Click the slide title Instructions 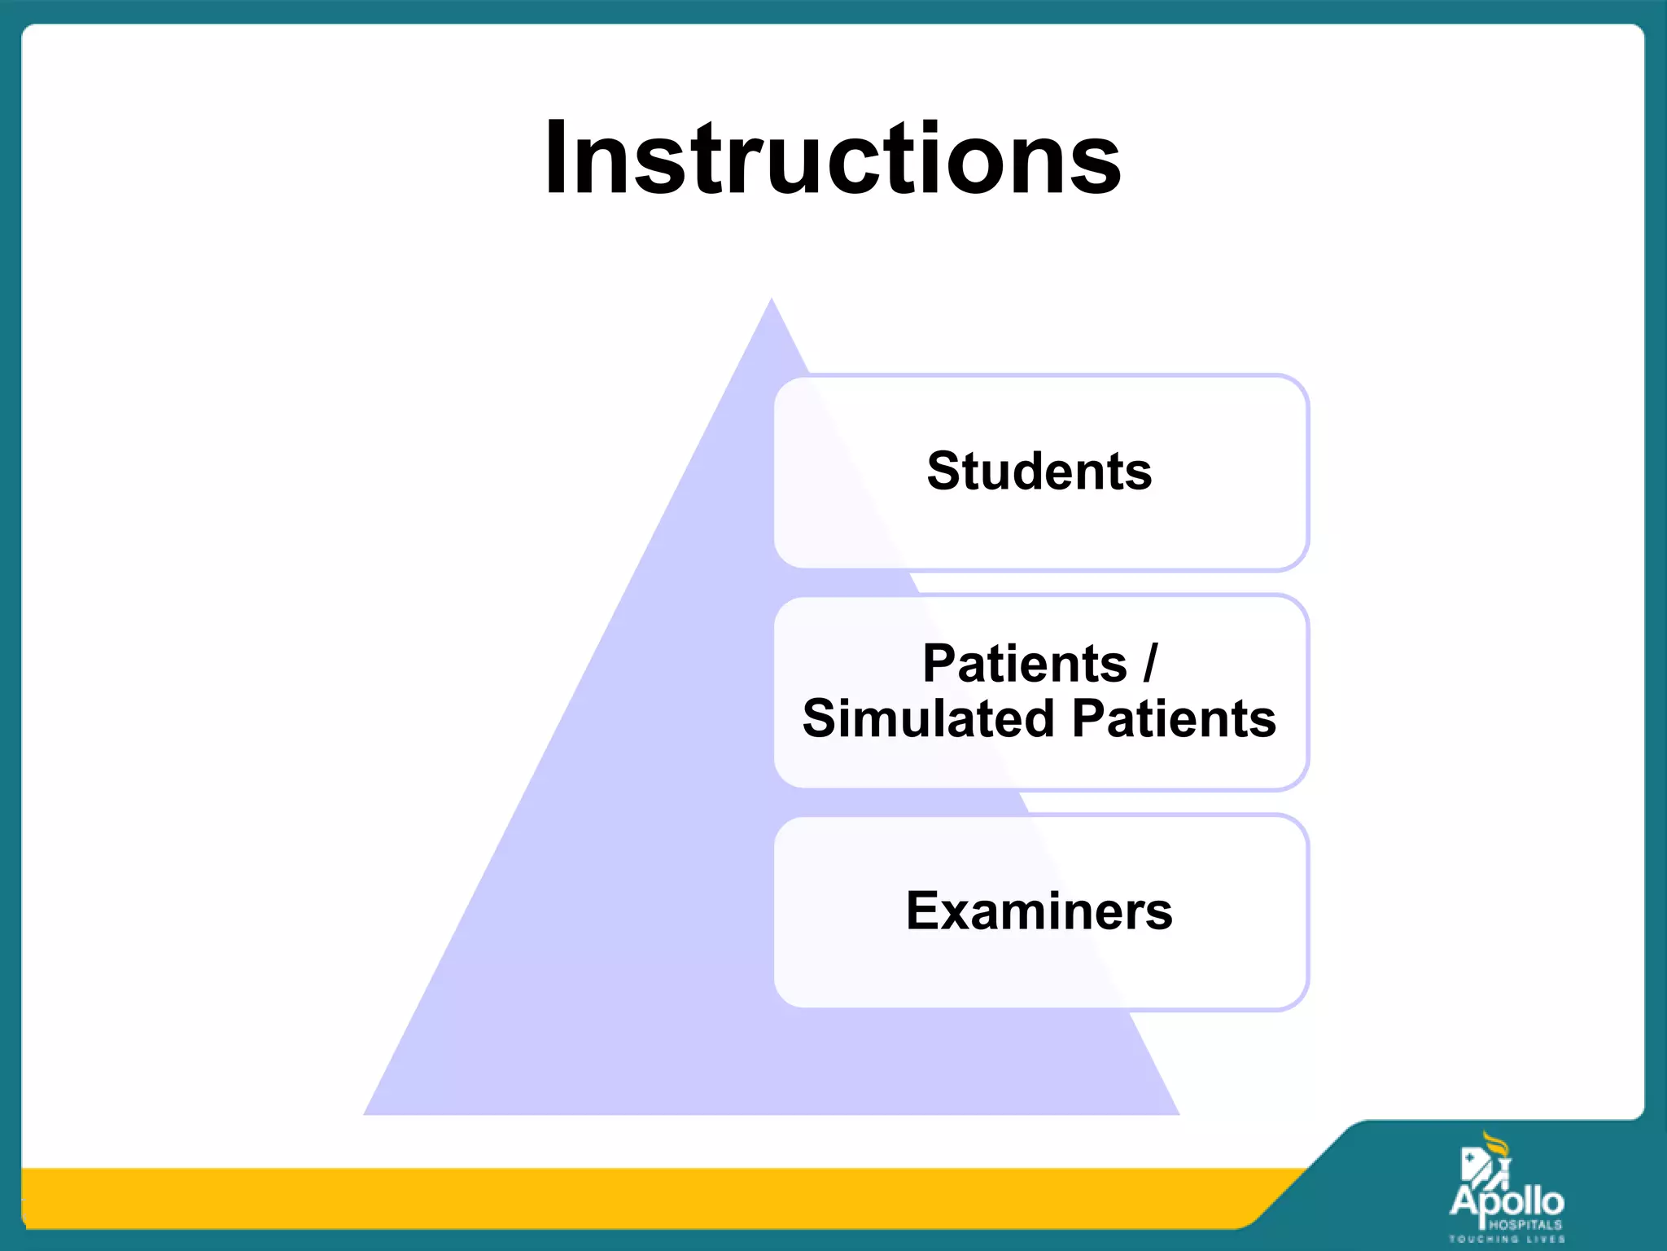(832, 159)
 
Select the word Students (1039, 472)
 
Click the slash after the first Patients (1150, 663)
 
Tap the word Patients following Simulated (1174, 718)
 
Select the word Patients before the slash (1024, 663)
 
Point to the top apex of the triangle (772, 301)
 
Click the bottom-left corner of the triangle (366, 1113)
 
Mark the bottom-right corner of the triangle (1177, 1113)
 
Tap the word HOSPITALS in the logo (1525, 1225)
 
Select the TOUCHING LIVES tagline (1507, 1240)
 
